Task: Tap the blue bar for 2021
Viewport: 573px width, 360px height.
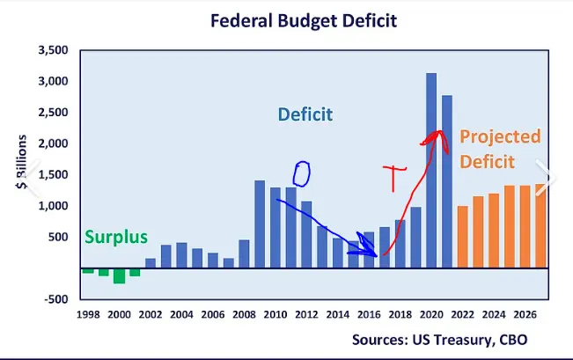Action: (x=447, y=180)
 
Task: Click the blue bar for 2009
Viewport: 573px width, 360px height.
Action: (x=260, y=224)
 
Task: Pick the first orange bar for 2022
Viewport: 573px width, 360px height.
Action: (x=463, y=236)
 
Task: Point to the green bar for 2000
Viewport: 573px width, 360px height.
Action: (x=119, y=276)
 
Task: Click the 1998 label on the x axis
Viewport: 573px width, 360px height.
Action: (x=87, y=315)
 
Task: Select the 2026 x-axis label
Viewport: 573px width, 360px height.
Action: (x=525, y=315)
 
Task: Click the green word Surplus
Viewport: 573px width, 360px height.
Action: (x=115, y=237)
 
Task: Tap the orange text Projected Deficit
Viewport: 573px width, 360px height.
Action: (x=499, y=150)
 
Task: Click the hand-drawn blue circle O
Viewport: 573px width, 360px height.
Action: (x=302, y=173)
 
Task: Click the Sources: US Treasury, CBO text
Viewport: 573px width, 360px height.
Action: (x=439, y=339)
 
